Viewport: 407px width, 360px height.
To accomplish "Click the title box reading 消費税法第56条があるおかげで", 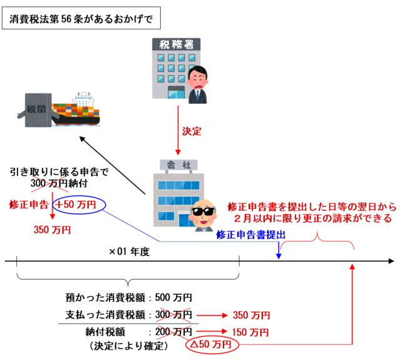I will pyautogui.click(x=81, y=19).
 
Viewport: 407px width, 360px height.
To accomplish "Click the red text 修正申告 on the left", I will pyautogui.click(x=29, y=205).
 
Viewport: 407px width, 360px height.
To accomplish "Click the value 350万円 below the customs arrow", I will pyautogui.click(x=53, y=230).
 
